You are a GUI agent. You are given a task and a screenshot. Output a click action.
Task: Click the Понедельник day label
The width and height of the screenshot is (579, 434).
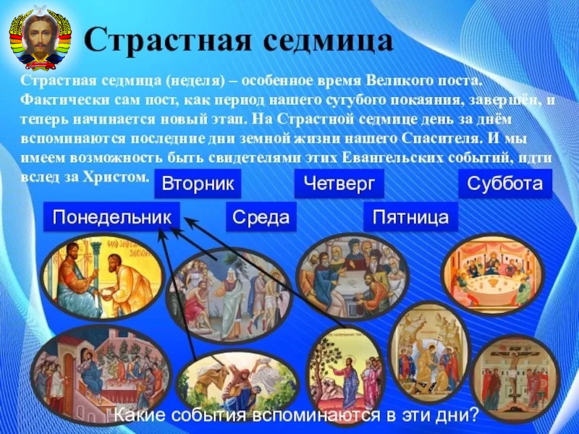pos(111,217)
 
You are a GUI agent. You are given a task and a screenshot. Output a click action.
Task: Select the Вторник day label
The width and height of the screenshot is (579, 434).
pos(198,184)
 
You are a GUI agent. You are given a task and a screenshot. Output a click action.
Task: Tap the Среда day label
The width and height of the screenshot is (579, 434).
pos(261,217)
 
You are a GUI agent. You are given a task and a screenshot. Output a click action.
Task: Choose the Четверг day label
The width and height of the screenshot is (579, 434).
pos(339,184)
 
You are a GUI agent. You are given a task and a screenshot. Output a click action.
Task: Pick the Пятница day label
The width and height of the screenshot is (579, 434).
pos(410,217)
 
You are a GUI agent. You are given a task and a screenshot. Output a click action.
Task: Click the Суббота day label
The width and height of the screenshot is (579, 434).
pos(505,184)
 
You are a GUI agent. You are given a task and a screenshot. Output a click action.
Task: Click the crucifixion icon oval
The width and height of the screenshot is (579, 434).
pos(515,378)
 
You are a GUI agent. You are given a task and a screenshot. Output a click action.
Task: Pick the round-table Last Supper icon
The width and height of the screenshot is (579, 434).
pos(494,273)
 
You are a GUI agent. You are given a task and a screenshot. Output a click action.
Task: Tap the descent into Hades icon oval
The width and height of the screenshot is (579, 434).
pos(428,352)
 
